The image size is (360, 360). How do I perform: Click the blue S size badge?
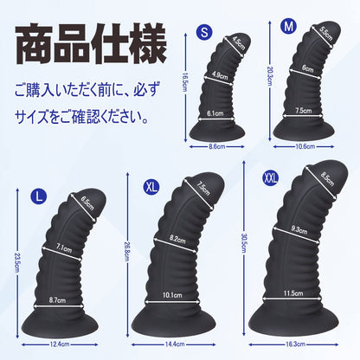click(x=204, y=32)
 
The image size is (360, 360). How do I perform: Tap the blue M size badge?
click(x=288, y=26)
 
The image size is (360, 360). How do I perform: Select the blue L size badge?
click(x=39, y=196)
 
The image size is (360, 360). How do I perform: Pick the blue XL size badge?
click(x=151, y=187)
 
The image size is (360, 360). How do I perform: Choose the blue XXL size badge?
click(x=271, y=178)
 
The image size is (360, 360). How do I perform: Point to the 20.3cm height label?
click(x=269, y=76)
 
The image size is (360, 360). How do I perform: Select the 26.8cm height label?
click(x=127, y=251)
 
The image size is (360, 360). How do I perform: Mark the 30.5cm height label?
click(x=244, y=243)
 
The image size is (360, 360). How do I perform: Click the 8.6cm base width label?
click(x=217, y=146)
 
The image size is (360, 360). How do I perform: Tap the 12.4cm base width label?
click(x=60, y=344)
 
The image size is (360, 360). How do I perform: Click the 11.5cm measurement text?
click(x=293, y=293)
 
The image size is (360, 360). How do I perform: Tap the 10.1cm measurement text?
click(x=172, y=295)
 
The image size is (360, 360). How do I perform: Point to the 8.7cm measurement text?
click(x=57, y=300)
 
